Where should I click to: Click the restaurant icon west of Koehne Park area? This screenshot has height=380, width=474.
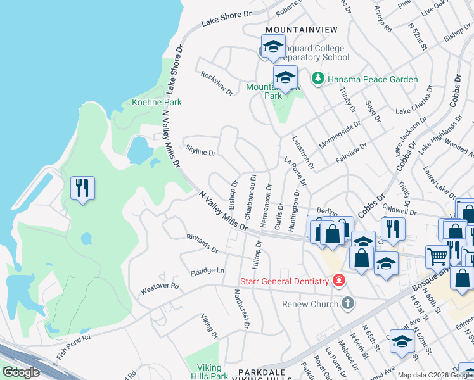[x=82, y=188]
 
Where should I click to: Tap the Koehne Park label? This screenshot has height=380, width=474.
[x=156, y=102]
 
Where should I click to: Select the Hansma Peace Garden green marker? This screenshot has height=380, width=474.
[x=317, y=79]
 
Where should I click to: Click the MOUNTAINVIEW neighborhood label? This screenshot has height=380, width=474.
[x=302, y=30]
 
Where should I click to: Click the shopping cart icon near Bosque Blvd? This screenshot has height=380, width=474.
[x=438, y=256]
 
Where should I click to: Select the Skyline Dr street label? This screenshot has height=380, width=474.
[x=201, y=153]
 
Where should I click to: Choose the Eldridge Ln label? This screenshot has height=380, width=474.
[x=207, y=271]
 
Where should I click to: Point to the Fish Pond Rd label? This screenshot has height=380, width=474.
[x=74, y=347]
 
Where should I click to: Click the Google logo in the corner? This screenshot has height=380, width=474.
[x=21, y=372]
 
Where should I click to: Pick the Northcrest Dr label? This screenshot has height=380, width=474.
[x=241, y=309]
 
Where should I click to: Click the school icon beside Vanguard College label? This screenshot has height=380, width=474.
[x=273, y=47]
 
